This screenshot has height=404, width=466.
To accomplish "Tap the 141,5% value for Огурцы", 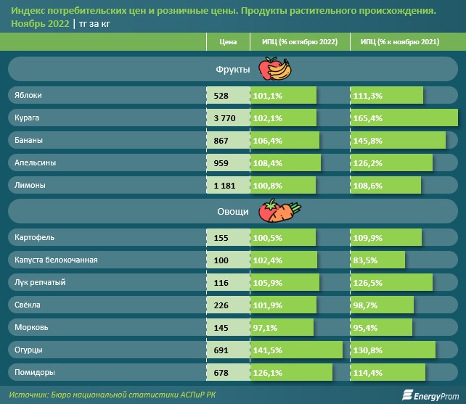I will point(267,350).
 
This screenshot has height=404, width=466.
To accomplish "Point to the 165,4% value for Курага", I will point(367,118).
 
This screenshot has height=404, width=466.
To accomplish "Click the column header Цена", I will point(227,43).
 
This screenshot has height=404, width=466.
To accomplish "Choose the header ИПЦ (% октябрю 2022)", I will point(299,43).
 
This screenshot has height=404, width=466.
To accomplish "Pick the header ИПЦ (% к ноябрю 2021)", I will point(398,43).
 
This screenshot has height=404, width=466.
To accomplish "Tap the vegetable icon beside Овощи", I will point(282,213).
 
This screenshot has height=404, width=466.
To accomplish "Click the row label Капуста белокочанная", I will point(56,260).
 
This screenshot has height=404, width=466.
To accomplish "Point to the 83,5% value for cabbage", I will point(365,260).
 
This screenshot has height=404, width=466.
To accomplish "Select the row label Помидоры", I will point(34,373).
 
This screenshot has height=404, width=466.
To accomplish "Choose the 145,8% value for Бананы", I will point(367,140).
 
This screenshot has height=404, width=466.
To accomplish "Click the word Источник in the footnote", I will point(32,394).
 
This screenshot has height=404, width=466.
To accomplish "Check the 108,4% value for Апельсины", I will point(267,162).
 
